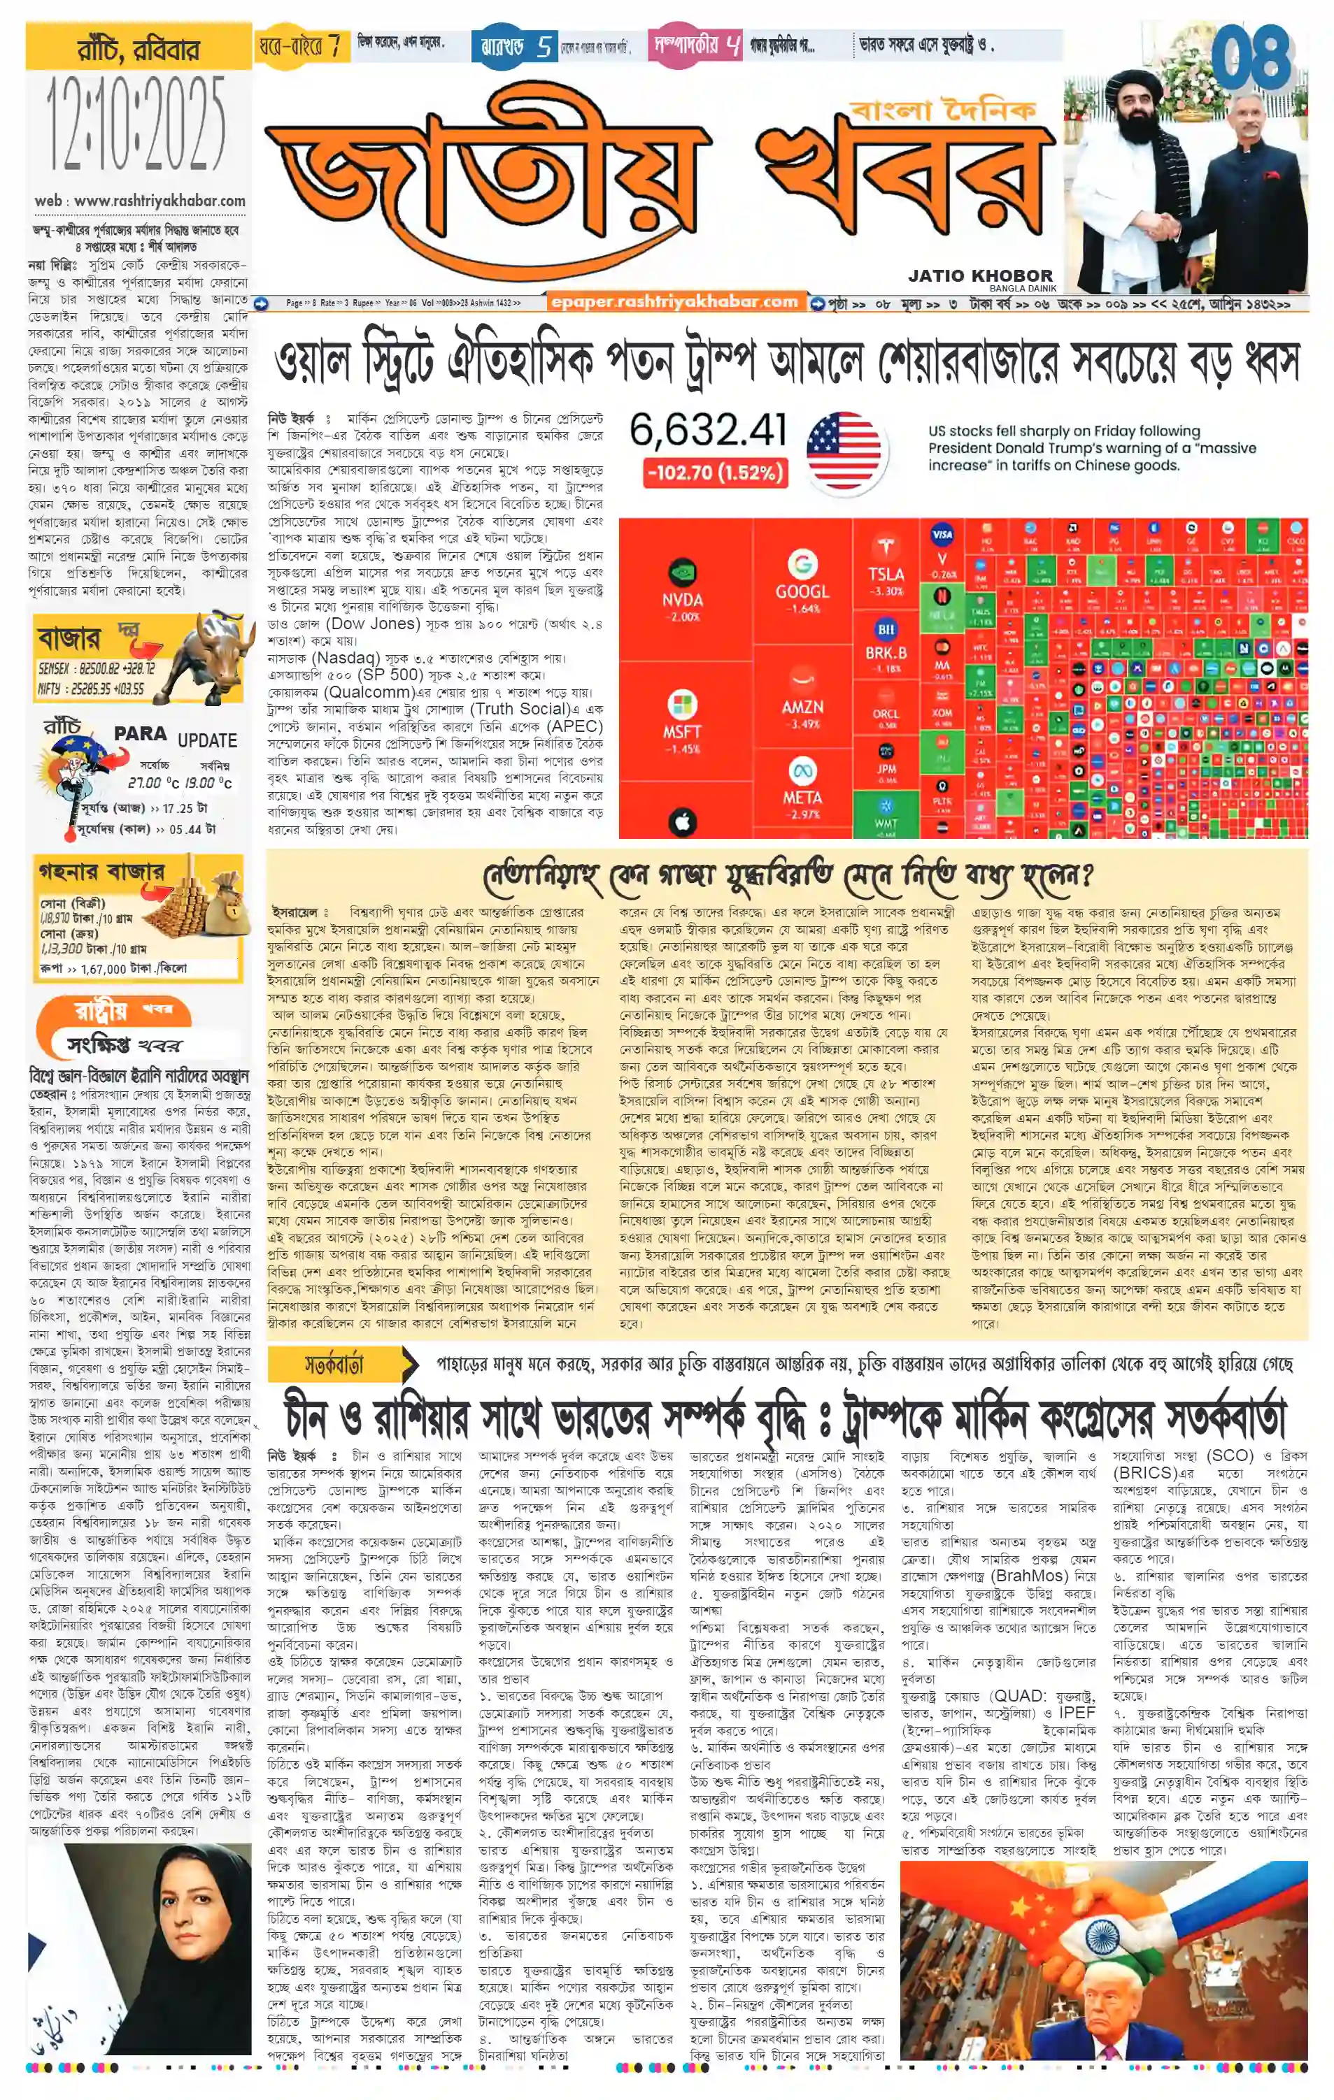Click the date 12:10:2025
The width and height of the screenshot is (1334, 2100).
point(135,124)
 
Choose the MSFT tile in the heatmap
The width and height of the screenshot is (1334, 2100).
point(681,720)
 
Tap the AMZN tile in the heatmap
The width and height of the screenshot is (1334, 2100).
point(802,705)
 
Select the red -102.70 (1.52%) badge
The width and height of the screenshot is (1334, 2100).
point(714,473)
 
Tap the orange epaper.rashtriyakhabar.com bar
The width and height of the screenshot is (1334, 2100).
point(674,303)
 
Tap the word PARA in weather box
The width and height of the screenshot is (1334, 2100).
point(140,733)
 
